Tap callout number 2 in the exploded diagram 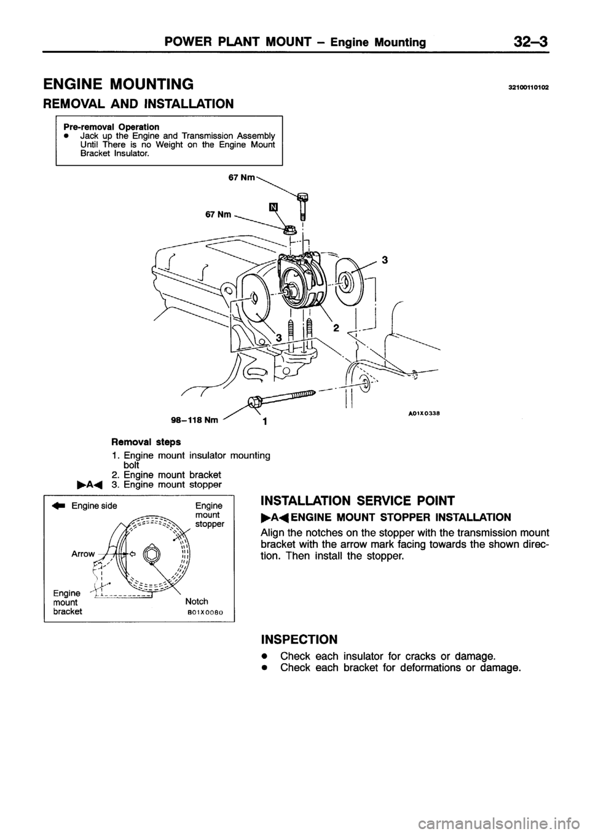pyautogui.click(x=336, y=329)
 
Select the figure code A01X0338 pyautogui.click(x=424, y=414)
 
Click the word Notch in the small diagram pyautogui.click(x=197, y=601)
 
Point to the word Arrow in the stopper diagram pyautogui.click(x=84, y=553)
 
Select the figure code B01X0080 pyautogui.click(x=205, y=612)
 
